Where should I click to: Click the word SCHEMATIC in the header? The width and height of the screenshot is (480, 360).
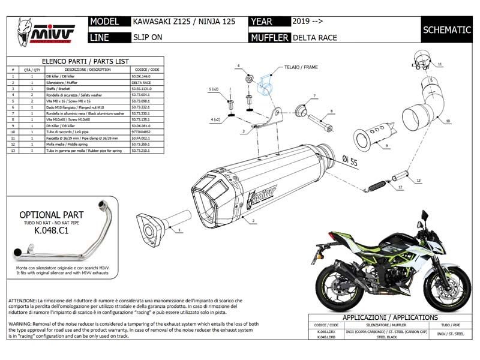pyautogui.click(x=446, y=29)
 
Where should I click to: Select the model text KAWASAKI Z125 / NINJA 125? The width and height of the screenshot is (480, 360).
pyautogui.click(x=179, y=22)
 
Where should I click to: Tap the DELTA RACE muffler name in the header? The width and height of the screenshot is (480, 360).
pyautogui.click(x=315, y=37)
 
